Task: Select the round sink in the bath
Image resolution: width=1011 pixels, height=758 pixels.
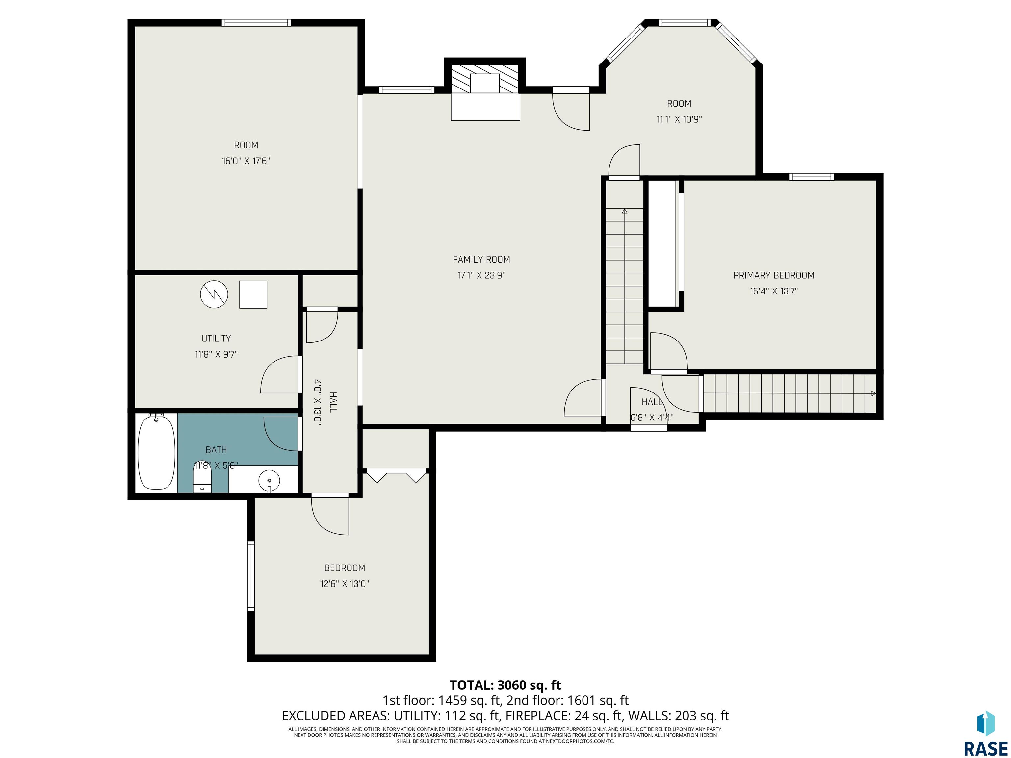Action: click(269, 481)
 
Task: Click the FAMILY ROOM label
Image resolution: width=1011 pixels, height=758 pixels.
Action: click(481, 260)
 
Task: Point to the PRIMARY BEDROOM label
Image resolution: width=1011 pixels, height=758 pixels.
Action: click(774, 275)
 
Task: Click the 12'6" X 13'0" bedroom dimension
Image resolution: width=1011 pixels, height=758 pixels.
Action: click(345, 584)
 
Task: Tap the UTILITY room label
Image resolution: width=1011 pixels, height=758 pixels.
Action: click(216, 339)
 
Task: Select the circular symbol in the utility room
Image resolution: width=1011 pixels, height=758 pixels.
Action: click(214, 294)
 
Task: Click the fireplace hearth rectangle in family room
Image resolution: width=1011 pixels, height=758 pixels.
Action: click(485, 107)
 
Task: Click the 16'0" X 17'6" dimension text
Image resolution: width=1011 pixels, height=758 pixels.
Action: click(246, 161)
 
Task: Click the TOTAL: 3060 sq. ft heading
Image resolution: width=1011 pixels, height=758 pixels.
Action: click(505, 685)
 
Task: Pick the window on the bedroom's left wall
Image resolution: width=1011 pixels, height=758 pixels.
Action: click(251, 576)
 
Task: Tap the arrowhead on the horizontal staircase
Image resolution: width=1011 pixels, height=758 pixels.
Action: click(873, 393)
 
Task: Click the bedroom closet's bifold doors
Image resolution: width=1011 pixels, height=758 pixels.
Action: click(396, 476)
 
